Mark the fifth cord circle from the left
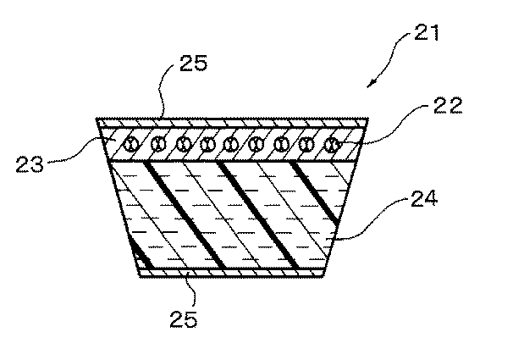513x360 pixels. pos(230,145)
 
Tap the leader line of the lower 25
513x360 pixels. pos(191,290)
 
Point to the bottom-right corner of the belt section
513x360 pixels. pos(325,276)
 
